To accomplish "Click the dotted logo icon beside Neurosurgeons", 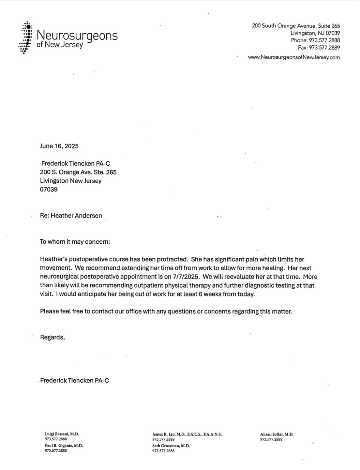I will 25,38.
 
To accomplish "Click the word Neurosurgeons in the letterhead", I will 77,35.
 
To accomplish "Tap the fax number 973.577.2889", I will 324,48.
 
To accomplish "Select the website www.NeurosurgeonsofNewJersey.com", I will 294,57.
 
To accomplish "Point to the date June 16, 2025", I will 59,146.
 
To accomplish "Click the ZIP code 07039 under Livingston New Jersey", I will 49,190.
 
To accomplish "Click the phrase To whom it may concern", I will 75,242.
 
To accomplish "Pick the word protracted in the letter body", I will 172,260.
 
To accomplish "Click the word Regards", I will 52,338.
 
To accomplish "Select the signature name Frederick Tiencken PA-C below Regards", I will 75,381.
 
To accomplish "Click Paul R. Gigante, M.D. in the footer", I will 64,446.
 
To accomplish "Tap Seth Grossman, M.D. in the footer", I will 171,446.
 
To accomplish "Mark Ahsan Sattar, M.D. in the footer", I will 277,434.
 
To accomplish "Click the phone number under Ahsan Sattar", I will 271,439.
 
